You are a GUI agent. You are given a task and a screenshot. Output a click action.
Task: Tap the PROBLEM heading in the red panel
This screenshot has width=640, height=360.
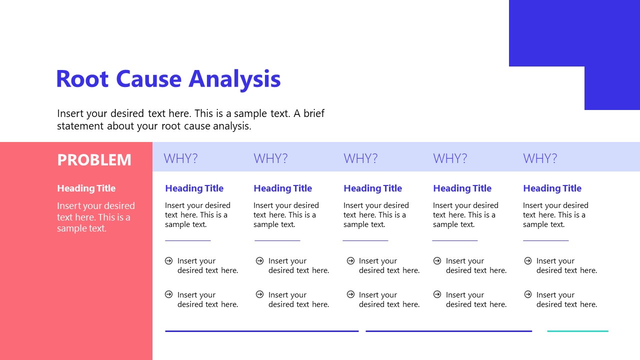pyautogui.click(x=94, y=160)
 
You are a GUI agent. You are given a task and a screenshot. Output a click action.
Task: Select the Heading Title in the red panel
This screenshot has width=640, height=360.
pyautogui.click(x=86, y=188)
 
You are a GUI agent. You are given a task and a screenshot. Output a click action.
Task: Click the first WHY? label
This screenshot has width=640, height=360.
pyautogui.click(x=180, y=158)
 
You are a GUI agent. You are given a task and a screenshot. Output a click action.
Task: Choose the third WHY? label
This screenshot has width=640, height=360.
pyautogui.click(x=360, y=158)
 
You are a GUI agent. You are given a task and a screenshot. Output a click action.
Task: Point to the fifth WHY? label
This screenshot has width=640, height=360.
pyautogui.click(x=540, y=158)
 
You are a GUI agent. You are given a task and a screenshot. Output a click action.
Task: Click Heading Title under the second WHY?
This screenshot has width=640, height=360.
pyautogui.click(x=282, y=188)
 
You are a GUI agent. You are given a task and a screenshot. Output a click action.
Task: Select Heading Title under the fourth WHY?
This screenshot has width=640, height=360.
pyautogui.click(x=462, y=188)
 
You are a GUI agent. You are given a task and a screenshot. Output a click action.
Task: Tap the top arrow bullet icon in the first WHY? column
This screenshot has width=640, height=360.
pyautogui.click(x=169, y=260)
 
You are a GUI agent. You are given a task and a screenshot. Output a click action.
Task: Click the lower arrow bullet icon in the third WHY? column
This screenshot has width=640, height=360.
pyautogui.click(x=350, y=294)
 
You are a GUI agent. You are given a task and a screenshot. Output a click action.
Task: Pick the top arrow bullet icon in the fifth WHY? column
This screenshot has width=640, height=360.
pyautogui.click(x=528, y=260)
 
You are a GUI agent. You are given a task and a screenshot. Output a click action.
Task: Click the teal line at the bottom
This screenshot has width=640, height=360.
pyautogui.click(x=577, y=331)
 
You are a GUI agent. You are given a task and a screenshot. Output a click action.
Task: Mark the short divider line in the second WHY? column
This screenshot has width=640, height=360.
pyautogui.click(x=277, y=240)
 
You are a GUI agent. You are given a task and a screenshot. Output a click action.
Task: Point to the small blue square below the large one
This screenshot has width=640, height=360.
pyautogui.click(x=612, y=88)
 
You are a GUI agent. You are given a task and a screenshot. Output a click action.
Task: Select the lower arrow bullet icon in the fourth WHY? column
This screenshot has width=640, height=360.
pyautogui.click(x=437, y=294)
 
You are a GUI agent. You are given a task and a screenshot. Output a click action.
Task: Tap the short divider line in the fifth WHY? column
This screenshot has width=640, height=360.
pyautogui.click(x=545, y=240)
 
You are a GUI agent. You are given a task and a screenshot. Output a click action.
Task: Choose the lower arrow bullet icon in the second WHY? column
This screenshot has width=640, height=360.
pyautogui.click(x=259, y=294)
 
